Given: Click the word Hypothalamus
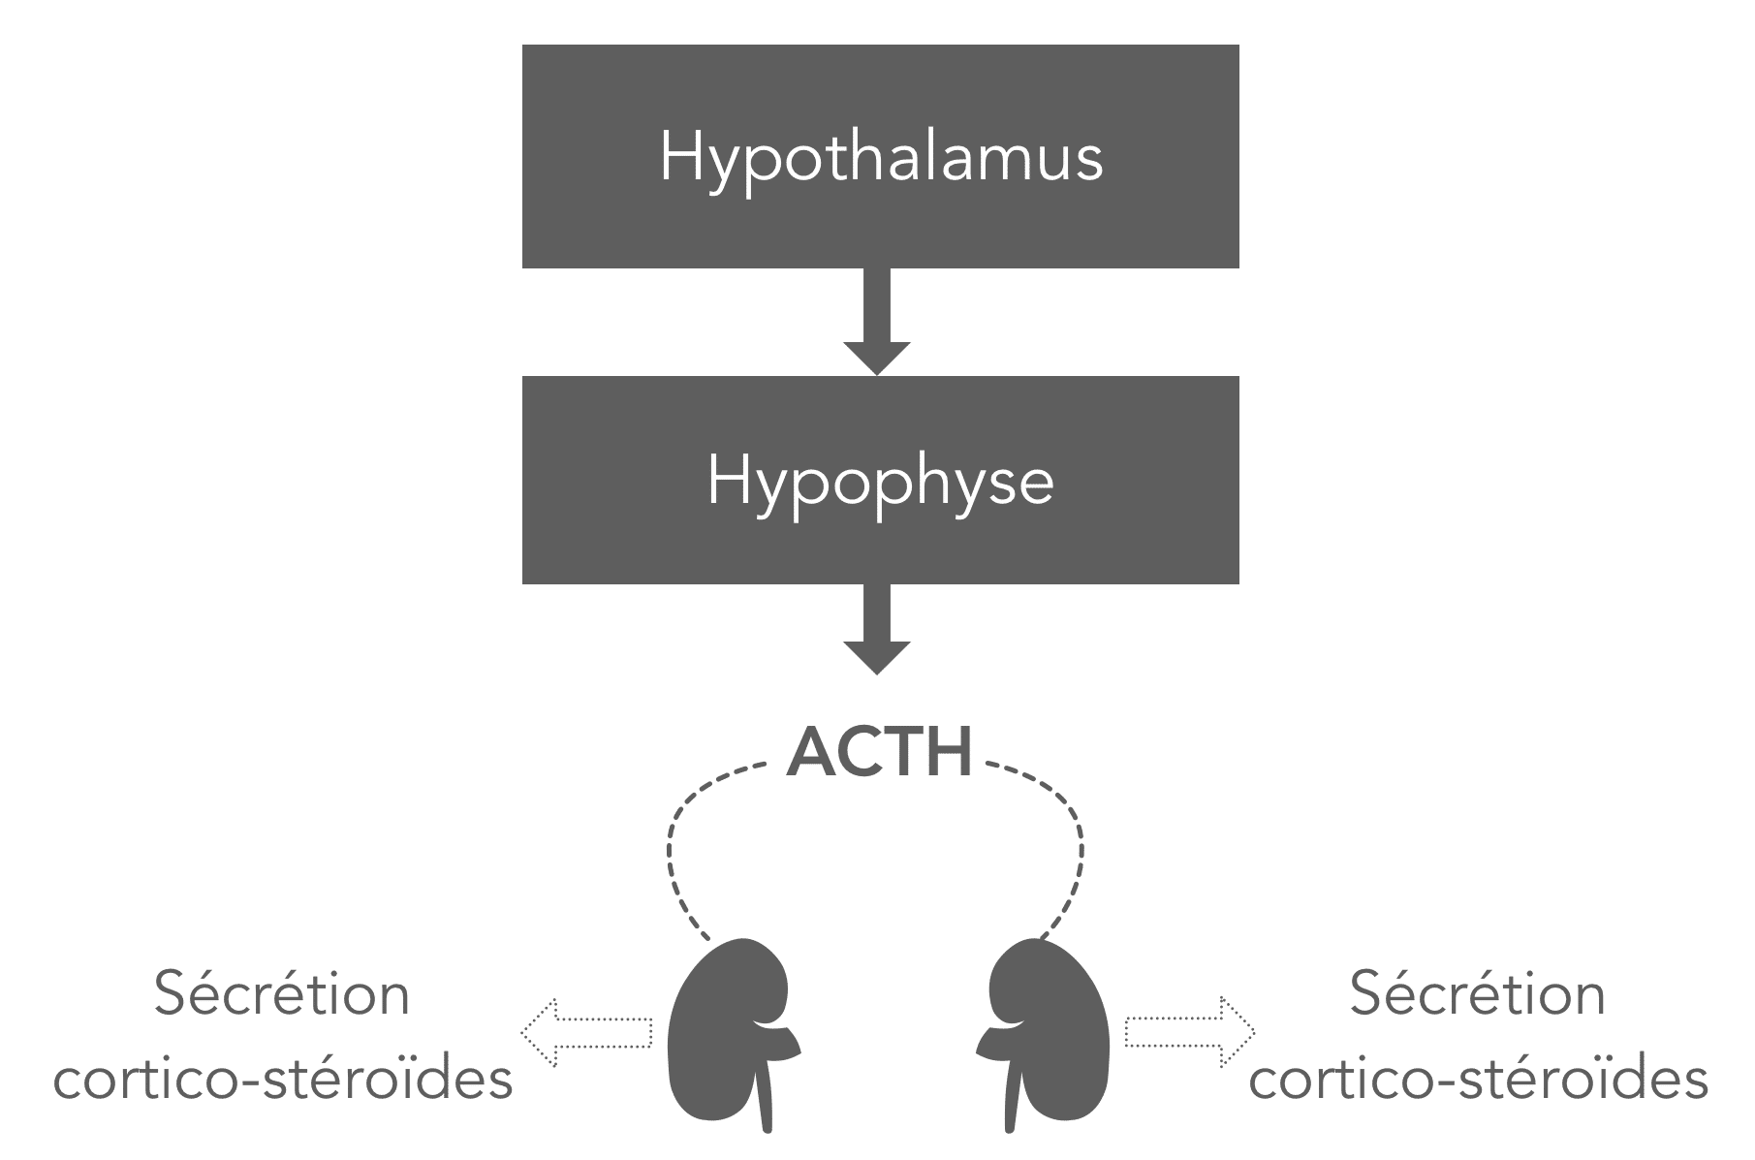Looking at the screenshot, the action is [x=881, y=158].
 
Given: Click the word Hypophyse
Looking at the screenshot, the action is [x=880, y=482].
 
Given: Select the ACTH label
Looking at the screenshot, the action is [x=879, y=753].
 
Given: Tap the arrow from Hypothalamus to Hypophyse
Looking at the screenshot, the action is [x=877, y=322].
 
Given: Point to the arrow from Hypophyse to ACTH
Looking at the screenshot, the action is [x=877, y=630].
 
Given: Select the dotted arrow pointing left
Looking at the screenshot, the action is [x=587, y=1033].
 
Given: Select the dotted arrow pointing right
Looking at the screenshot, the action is [x=1190, y=1033].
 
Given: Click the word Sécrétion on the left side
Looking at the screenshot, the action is [x=282, y=994].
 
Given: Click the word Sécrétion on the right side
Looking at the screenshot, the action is [x=1478, y=994].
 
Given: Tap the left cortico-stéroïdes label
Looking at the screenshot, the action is [x=283, y=1078].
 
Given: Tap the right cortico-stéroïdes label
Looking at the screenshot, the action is [x=1479, y=1078].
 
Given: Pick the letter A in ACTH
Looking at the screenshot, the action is [x=811, y=753].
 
